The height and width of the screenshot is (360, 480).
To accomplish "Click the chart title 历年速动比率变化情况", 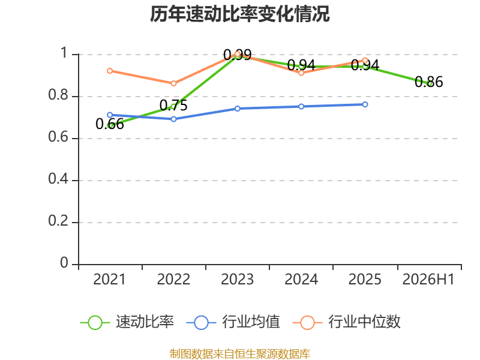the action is [x=239, y=14].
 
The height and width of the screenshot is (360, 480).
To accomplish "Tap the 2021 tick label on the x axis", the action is [x=109, y=280].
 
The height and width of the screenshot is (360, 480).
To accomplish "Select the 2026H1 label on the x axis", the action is [x=428, y=280].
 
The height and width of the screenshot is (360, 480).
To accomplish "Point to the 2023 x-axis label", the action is [x=237, y=280].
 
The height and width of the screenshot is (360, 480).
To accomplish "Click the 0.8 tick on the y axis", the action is [x=58, y=95].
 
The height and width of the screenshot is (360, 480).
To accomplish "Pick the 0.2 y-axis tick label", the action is [x=58, y=221].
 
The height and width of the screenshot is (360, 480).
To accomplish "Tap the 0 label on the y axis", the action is [x=64, y=263].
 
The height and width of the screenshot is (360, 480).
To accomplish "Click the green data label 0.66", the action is [x=110, y=124].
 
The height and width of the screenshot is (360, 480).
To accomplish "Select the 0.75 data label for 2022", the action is [x=173, y=106].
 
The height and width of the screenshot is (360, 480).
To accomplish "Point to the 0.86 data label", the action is [x=428, y=82].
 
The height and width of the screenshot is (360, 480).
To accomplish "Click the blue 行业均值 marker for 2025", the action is [x=365, y=104].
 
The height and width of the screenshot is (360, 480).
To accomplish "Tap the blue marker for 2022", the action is [x=173, y=119].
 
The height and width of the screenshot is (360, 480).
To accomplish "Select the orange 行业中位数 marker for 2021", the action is [x=110, y=71].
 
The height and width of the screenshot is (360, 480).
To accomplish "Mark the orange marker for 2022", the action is [x=173, y=83].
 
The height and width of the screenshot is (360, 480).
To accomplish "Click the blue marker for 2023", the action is [x=238, y=109].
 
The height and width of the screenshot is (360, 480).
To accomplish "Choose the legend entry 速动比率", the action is [x=127, y=322].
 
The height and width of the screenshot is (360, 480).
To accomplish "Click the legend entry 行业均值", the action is [x=233, y=322].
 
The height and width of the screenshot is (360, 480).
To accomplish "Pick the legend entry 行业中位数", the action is [x=347, y=322].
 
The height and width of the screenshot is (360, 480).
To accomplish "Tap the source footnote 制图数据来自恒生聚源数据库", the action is [x=240, y=354].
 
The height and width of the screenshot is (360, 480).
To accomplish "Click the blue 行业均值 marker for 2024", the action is [x=301, y=107].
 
